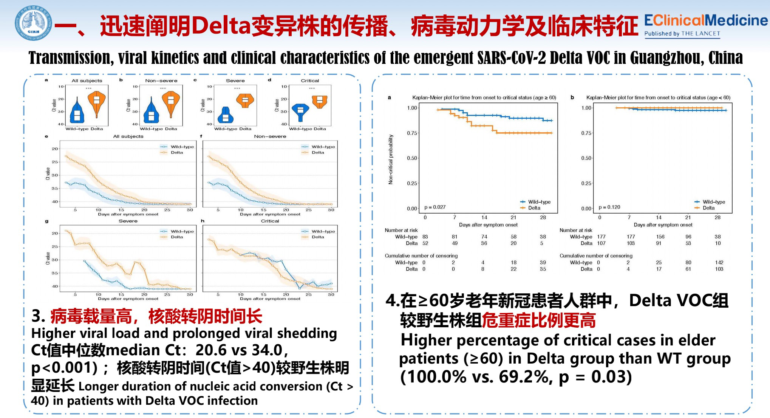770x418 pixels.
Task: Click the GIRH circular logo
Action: (34, 23)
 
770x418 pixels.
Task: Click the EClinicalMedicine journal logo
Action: (705, 25)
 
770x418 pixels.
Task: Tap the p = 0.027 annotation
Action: (435, 207)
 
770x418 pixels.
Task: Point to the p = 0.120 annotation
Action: (609, 207)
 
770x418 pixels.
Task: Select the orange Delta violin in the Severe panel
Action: (245, 100)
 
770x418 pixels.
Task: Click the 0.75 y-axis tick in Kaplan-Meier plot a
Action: (412, 133)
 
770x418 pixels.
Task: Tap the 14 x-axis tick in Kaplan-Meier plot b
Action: (659, 217)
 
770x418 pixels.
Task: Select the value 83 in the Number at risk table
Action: (425, 237)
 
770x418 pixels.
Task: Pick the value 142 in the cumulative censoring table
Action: (719, 262)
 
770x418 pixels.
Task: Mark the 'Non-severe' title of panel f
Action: (270, 136)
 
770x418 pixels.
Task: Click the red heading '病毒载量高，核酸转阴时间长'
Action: (156, 316)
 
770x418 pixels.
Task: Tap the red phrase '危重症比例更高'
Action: (539, 320)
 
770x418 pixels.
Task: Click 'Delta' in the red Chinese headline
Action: (221, 26)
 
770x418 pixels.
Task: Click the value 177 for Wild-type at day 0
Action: (601, 237)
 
